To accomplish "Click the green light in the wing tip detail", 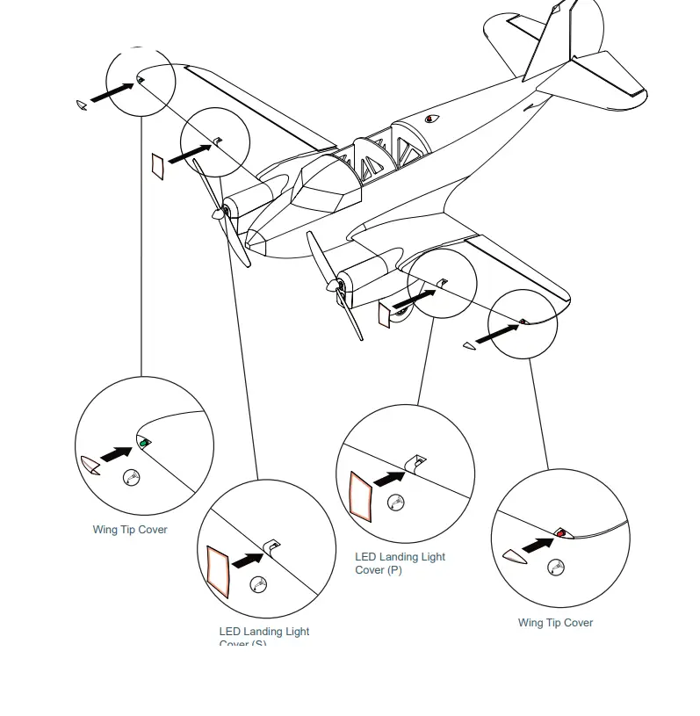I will click(x=144, y=444).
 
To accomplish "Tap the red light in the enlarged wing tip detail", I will click(x=561, y=533).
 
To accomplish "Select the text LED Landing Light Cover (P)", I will click(x=400, y=563).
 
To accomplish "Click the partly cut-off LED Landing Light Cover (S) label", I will click(x=263, y=637).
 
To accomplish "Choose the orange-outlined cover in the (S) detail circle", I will click(x=218, y=570).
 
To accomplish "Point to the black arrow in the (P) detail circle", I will click(x=389, y=477).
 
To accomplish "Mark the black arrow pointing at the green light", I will click(x=116, y=453).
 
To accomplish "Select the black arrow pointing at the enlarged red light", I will click(x=538, y=545).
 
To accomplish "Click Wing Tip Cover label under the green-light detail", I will click(x=130, y=530).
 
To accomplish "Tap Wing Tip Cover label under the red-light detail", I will click(x=555, y=623).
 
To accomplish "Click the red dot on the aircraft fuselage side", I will click(x=430, y=119).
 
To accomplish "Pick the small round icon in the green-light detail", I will click(x=132, y=478).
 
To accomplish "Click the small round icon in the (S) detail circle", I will click(x=258, y=583).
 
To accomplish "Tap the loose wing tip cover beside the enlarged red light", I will click(x=511, y=555).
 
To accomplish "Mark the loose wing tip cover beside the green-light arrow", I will click(x=90, y=465).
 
